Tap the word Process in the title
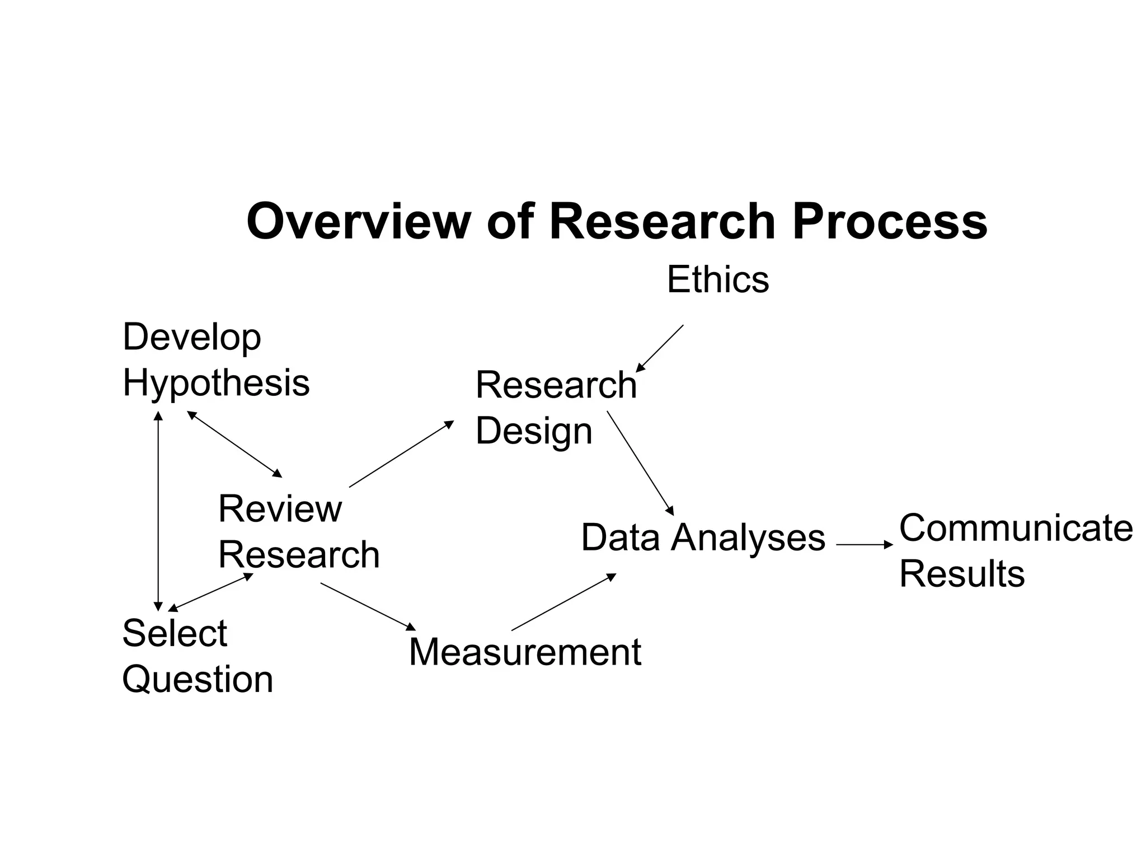890,222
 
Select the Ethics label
718,279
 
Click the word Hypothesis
216,384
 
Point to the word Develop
192,338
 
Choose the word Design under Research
534,432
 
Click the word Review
280,509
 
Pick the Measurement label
525,652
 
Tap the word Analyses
748,537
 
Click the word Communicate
1016,528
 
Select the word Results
962,574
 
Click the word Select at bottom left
175,633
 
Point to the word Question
198,680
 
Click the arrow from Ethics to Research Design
660,348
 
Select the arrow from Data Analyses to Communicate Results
865,544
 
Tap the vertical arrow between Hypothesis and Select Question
158,511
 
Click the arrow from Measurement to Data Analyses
563,602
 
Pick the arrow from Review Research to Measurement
368,606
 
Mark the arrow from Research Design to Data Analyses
640,463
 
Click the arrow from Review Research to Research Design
401,454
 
